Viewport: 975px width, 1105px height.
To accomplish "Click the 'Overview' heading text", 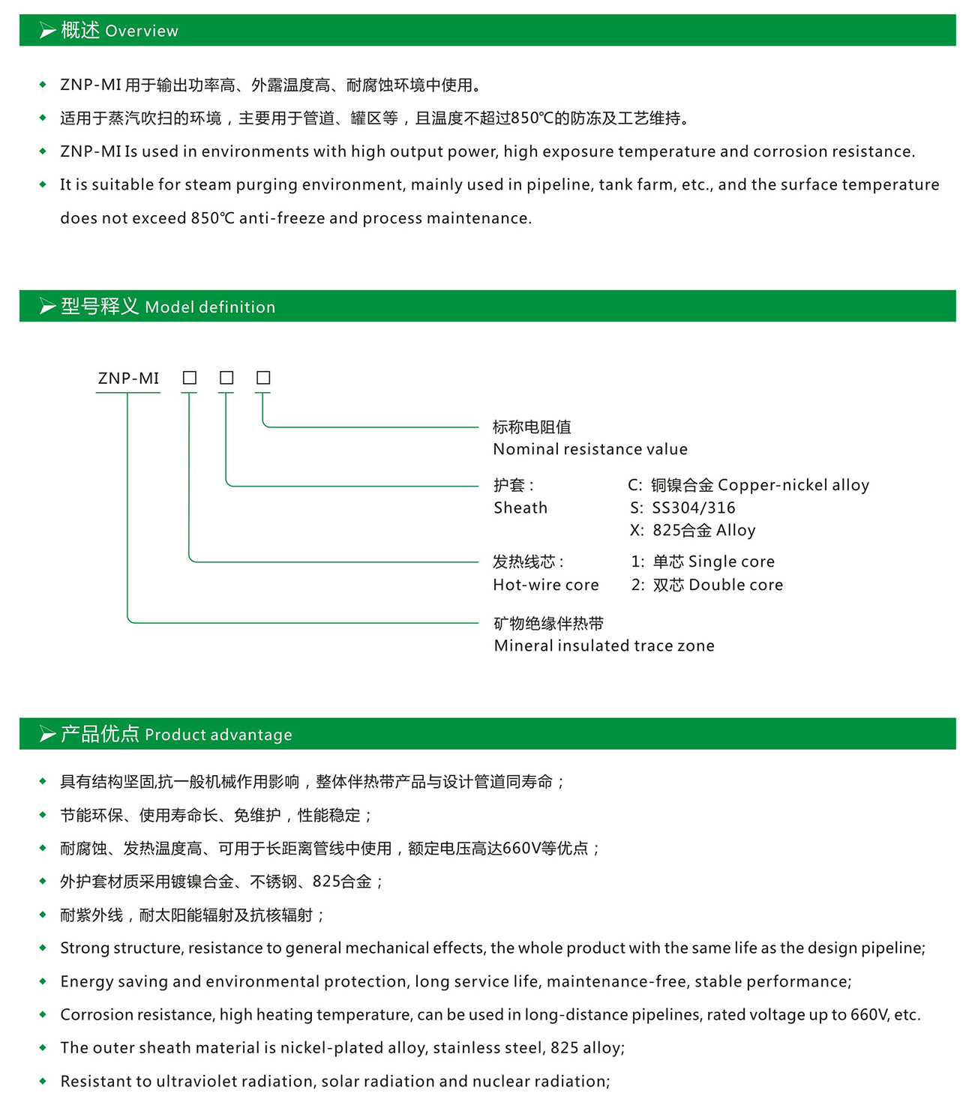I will pyautogui.click(x=142, y=31).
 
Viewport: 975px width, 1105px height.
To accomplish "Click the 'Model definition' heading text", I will pyautogui.click(x=210, y=307).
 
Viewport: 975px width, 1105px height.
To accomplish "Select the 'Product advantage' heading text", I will pyautogui.click(x=218, y=735).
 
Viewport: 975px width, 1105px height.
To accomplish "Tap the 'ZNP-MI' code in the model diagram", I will pyautogui.click(x=128, y=379).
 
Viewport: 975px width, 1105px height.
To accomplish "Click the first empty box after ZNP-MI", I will pyautogui.click(x=190, y=378).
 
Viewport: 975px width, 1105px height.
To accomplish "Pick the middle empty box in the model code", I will pyautogui.click(x=226, y=378).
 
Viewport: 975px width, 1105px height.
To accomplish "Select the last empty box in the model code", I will pyautogui.click(x=263, y=378).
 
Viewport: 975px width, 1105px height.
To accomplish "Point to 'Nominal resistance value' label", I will pyautogui.click(x=589, y=449).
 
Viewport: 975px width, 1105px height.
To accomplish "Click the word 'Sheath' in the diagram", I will pyautogui.click(x=520, y=508).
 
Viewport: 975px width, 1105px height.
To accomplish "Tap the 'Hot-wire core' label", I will pyautogui.click(x=545, y=585).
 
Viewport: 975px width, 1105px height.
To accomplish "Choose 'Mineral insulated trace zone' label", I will pyautogui.click(x=604, y=645).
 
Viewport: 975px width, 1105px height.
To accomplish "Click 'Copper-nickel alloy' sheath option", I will pyautogui.click(x=793, y=485).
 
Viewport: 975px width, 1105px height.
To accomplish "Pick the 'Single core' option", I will pyautogui.click(x=731, y=561).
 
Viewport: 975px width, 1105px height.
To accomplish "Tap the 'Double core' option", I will pyautogui.click(x=736, y=585).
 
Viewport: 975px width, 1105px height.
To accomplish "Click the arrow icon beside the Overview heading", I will pyautogui.click(x=47, y=31).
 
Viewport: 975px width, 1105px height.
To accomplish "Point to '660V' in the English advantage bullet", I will pyautogui.click(x=869, y=1014).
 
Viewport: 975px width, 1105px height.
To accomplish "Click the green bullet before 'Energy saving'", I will pyautogui.click(x=43, y=981).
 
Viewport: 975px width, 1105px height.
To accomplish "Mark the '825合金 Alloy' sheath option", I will pyautogui.click(x=703, y=530).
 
